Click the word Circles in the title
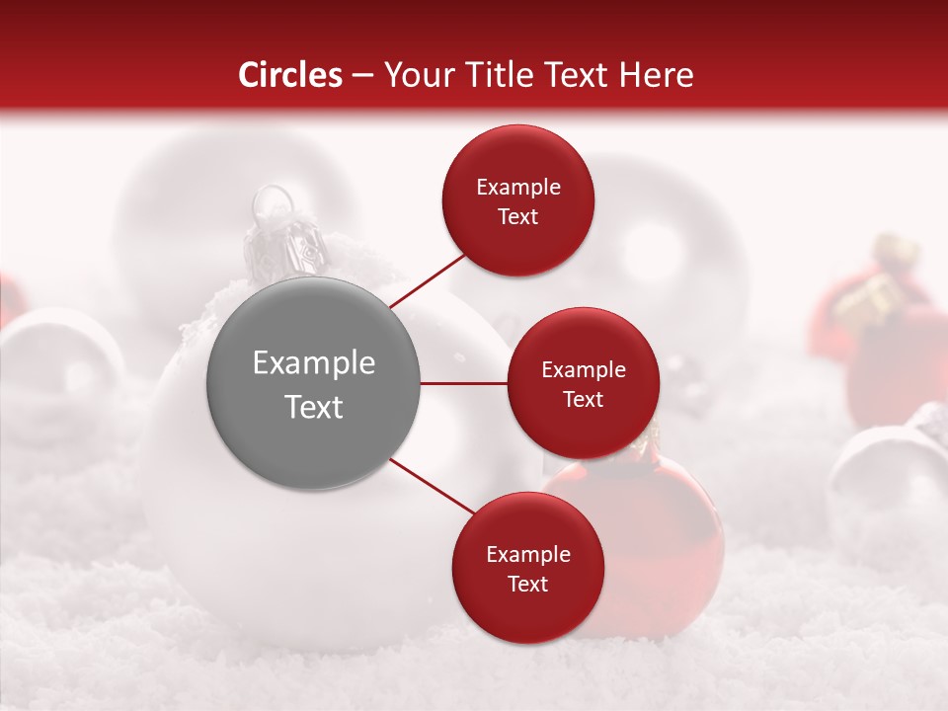(289, 75)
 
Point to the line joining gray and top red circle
(427, 279)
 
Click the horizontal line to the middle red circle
(463, 383)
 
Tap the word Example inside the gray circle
(314, 363)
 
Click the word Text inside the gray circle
(314, 407)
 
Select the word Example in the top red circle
(518, 188)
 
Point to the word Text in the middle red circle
(583, 400)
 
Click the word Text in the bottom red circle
(527, 585)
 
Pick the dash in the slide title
(362, 76)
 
